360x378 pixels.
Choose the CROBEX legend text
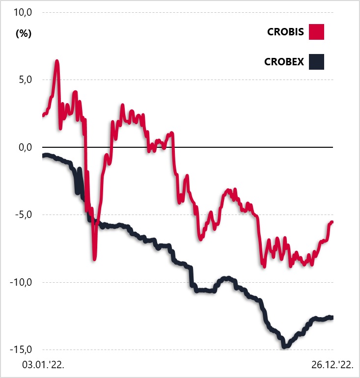(284, 62)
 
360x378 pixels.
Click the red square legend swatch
(317, 32)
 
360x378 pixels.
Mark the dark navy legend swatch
(317, 62)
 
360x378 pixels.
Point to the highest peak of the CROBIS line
(57, 61)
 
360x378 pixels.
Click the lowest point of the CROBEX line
(284, 347)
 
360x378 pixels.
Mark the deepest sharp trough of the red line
(94, 259)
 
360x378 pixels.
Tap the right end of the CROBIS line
(332, 222)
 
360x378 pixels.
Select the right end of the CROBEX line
(332, 317)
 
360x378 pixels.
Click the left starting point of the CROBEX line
(43, 156)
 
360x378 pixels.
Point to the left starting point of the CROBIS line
(43, 116)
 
